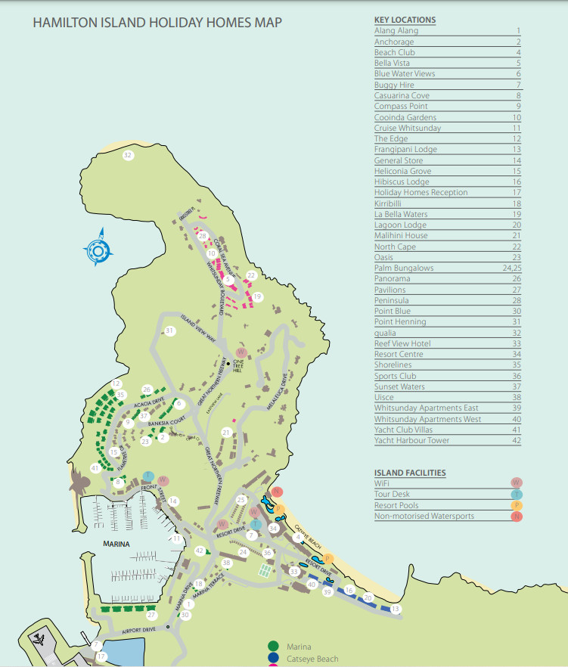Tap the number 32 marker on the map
pyautogui.click(x=128, y=155)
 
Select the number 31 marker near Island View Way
pyautogui.click(x=170, y=330)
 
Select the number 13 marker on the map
pyautogui.click(x=396, y=608)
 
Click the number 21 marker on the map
pyautogui.click(x=225, y=432)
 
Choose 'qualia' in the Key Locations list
pyautogui.click(x=386, y=333)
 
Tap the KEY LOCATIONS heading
pyautogui.click(x=405, y=20)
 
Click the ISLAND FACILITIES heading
pyautogui.click(x=410, y=473)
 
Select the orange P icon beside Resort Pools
pyautogui.click(x=517, y=505)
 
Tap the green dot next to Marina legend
pyautogui.click(x=273, y=646)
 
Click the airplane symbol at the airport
pyautogui.click(x=39, y=640)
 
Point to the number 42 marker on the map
pyautogui.click(x=200, y=551)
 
